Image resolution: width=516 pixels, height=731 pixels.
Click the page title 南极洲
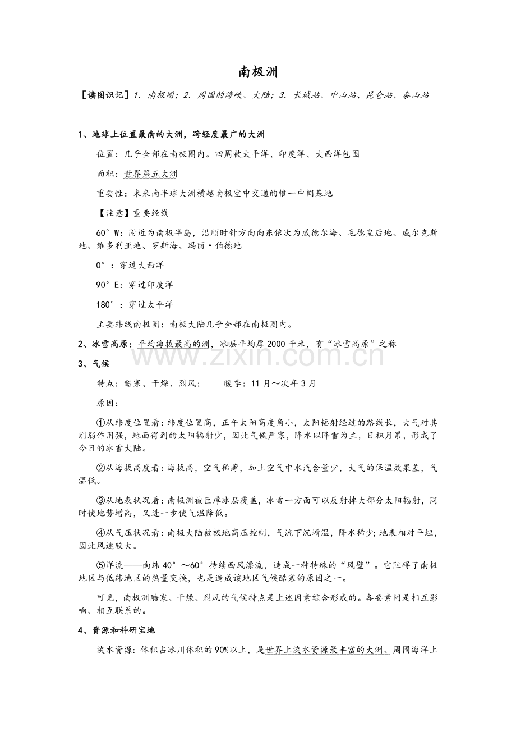pos(258,72)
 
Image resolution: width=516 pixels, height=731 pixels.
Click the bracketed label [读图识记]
pos(106,95)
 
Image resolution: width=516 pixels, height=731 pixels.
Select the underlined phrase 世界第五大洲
pos(150,173)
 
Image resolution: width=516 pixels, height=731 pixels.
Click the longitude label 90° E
pos(109,285)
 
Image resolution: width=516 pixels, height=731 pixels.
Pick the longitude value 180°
pos(110,304)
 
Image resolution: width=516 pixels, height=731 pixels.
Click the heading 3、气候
pos(94,363)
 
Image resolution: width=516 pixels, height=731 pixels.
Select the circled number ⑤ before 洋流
pos(101,565)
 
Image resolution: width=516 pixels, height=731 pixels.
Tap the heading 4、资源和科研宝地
pos(120,631)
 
